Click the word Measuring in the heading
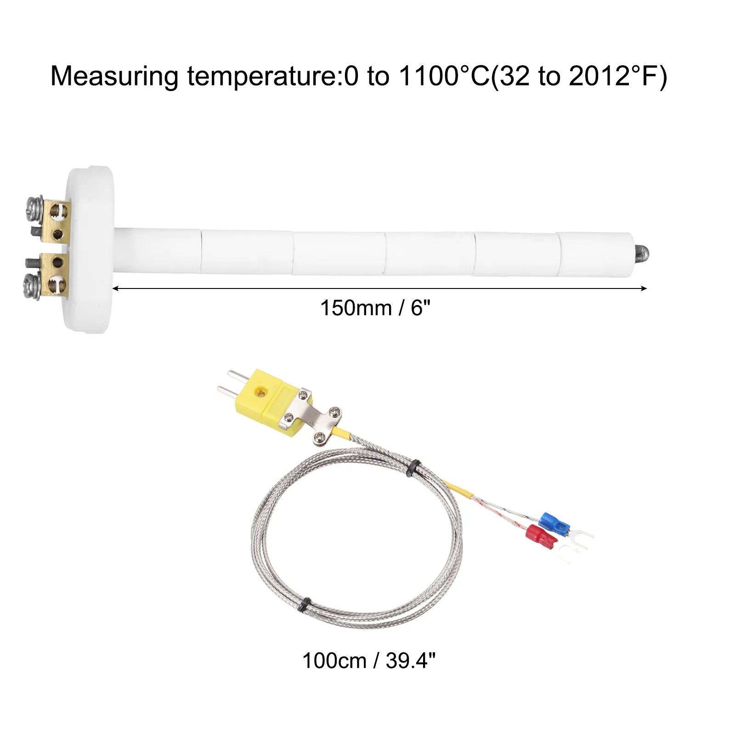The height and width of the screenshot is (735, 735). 114,77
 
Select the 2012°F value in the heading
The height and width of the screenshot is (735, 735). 614,76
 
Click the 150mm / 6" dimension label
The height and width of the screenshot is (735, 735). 375,308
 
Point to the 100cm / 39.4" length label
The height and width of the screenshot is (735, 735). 368,661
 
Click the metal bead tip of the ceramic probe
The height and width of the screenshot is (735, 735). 642,251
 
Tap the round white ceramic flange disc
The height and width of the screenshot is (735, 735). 90,249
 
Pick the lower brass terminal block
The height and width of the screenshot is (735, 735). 55,275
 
